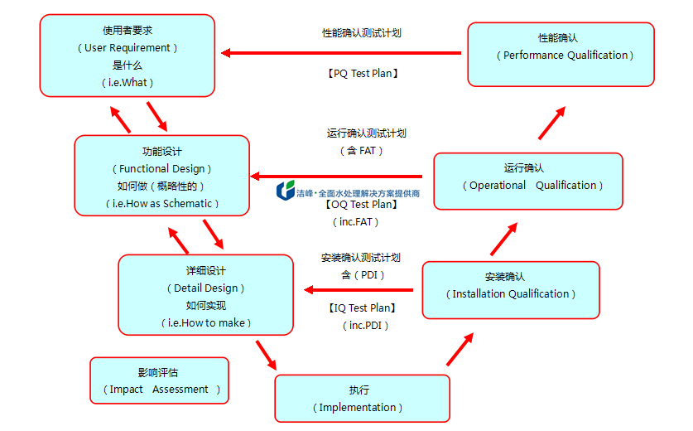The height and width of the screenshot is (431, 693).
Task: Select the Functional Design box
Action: [x=161, y=176]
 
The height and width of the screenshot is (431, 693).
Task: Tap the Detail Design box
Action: [x=205, y=294]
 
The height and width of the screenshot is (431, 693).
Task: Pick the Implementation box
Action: [x=362, y=399]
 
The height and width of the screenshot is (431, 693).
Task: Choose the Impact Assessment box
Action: [x=159, y=380]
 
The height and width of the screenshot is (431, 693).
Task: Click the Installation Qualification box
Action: [x=511, y=289]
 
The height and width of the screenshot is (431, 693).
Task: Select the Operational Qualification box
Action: [x=528, y=181]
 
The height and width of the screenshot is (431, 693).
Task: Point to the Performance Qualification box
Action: [x=561, y=54]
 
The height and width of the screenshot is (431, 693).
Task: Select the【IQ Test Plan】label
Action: [x=359, y=308]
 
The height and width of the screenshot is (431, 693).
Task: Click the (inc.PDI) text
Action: [x=365, y=326]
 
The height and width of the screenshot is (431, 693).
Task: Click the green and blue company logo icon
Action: [x=286, y=191]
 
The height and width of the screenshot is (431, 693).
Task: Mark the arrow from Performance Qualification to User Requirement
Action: [x=340, y=53]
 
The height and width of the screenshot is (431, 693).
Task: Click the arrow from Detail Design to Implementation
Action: [x=265, y=352]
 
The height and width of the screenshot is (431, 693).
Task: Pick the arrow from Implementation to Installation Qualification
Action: [x=460, y=349]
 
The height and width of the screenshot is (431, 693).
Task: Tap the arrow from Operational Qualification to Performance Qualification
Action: [x=552, y=122]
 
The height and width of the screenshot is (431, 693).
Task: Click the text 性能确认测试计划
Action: [x=362, y=33]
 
